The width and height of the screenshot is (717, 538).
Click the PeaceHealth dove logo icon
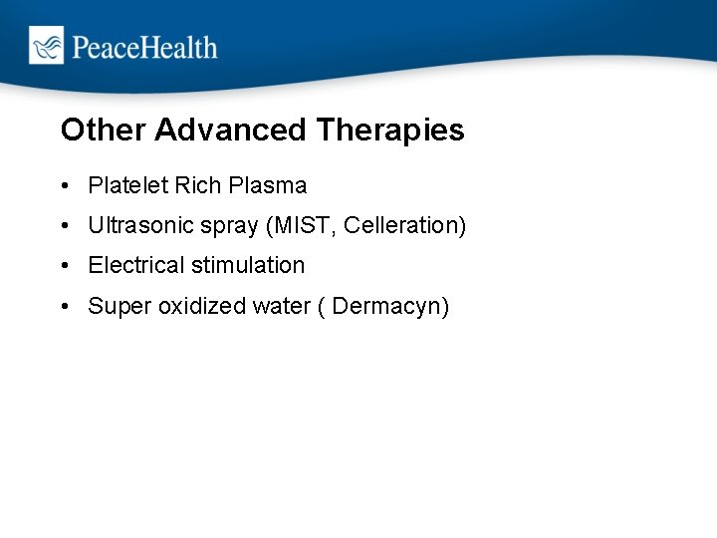pyautogui.click(x=46, y=46)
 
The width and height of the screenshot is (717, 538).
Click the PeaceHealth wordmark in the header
pyautogui.click(x=142, y=47)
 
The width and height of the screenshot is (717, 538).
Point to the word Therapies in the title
pyautogui.click(x=390, y=131)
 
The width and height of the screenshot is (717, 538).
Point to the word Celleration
pyautogui.click(x=404, y=226)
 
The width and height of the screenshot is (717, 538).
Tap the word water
pyautogui.click(x=282, y=306)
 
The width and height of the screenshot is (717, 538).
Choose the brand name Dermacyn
pyautogui.click(x=389, y=307)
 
